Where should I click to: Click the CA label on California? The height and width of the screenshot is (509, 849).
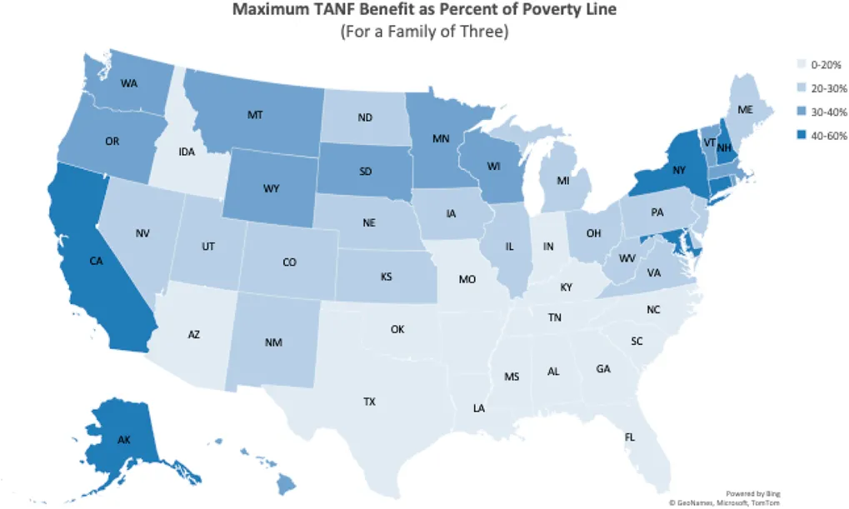click(x=97, y=262)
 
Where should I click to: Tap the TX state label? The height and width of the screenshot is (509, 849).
click(x=369, y=402)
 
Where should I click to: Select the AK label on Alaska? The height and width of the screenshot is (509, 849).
click(x=122, y=439)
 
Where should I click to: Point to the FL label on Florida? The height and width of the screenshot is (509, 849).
click(x=629, y=437)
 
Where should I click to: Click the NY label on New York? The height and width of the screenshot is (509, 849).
click(x=679, y=172)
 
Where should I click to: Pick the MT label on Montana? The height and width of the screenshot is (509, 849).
click(x=255, y=115)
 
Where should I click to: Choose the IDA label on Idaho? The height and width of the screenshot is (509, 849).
click(x=187, y=152)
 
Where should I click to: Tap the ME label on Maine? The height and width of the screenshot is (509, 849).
click(x=745, y=110)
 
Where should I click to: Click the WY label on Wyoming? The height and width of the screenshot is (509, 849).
click(x=271, y=189)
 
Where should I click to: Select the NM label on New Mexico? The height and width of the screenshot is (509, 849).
click(x=272, y=342)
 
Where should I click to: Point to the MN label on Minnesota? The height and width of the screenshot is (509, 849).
click(x=441, y=138)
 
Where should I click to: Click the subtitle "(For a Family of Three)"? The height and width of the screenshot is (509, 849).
click(x=424, y=33)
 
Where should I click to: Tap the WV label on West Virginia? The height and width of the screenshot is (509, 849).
click(x=627, y=259)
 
